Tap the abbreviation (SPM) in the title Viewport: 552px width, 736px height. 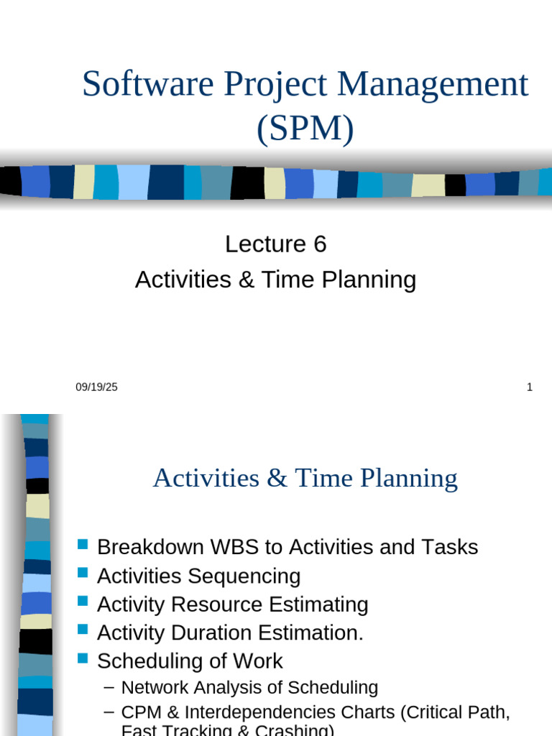tap(305, 129)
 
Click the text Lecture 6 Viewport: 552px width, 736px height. tap(275, 244)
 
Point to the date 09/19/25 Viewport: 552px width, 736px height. tap(96, 387)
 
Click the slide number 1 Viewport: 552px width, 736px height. tap(530, 387)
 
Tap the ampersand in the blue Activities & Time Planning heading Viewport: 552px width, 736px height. tap(276, 479)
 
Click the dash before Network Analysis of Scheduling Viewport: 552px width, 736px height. tap(109, 687)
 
